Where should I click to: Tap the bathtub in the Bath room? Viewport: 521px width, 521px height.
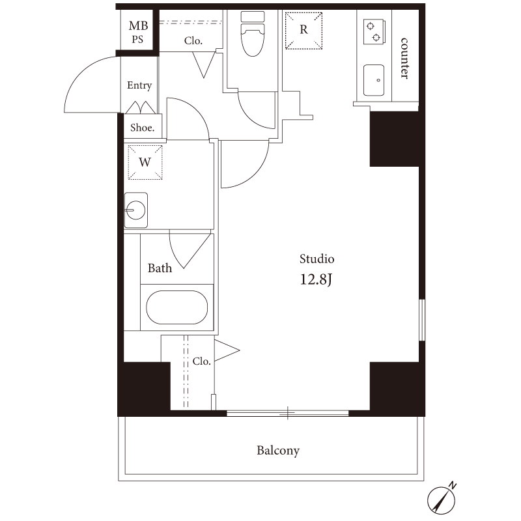tap(176, 307)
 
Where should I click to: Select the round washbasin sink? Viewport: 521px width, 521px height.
tap(136, 210)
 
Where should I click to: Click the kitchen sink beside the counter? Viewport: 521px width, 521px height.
tap(374, 80)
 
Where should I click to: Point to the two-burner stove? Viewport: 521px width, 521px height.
tap(374, 32)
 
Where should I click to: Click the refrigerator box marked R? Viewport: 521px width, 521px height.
tap(303, 31)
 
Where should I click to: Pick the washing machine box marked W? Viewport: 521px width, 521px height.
tap(145, 162)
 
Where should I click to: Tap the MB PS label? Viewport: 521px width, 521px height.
tap(138, 32)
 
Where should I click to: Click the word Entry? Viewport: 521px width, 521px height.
tap(139, 85)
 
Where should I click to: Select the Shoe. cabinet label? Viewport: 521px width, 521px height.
tap(142, 128)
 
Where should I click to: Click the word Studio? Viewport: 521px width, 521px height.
tap(317, 259)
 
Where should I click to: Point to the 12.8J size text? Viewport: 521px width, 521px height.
tap(316, 279)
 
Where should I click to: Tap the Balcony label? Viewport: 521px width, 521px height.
tap(278, 451)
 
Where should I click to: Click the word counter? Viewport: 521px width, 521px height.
tap(404, 58)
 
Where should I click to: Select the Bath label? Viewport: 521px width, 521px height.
tap(160, 268)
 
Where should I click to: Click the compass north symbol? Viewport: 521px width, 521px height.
tap(442, 497)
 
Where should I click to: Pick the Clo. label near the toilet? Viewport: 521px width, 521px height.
tap(193, 41)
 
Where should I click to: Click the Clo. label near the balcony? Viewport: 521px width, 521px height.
tap(202, 361)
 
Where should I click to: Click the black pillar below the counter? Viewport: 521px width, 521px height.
tap(395, 139)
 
